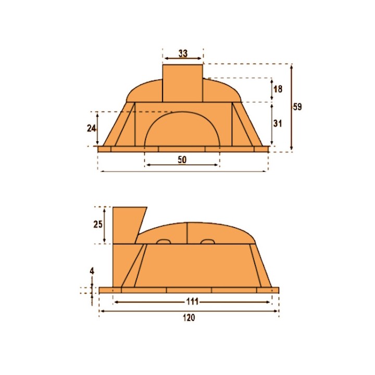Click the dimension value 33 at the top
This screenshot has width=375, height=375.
pyautogui.click(x=183, y=53)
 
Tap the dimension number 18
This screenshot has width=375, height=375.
pyautogui.click(x=278, y=89)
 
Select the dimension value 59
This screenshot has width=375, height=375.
pyautogui.click(x=297, y=107)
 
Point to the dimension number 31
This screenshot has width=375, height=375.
pyautogui.click(x=278, y=123)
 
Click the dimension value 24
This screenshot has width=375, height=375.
pyautogui.click(x=91, y=129)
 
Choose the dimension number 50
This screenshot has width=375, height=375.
pyautogui.click(x=182, y=160)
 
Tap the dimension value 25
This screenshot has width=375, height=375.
pyautogui.click(x=98, y=224)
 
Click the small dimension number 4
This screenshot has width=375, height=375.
pyautogui.click(x=92, y=271)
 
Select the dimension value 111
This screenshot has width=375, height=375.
pyautogui.click(x=192, y=302)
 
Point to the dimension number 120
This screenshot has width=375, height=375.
pyautogui.click(x=189, y=318)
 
